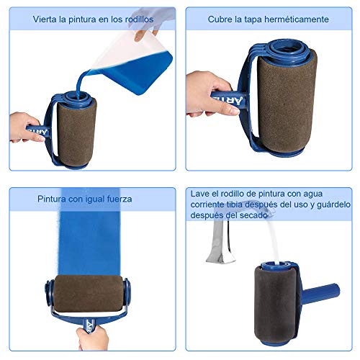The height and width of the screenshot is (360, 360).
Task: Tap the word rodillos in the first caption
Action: (140, 19)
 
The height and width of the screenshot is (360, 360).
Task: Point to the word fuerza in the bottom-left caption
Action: (120, 199)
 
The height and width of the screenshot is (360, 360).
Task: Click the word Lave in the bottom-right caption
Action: (199, 194)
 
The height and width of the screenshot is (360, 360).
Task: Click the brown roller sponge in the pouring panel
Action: (76, 132)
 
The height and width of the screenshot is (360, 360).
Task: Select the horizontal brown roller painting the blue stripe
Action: (89, 293)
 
